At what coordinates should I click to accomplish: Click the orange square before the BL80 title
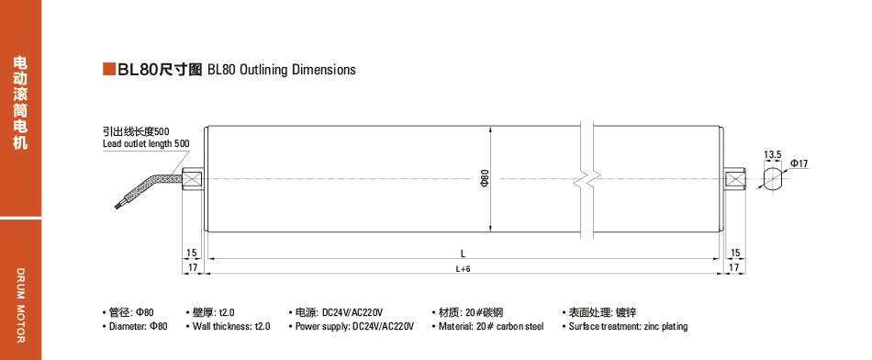coord(109,69)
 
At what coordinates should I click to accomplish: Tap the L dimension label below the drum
coord(464,253)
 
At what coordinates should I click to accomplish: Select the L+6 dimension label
coord(464,269)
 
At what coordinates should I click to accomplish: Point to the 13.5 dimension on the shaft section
coord(773,154)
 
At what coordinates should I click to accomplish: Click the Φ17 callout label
coord(799,163)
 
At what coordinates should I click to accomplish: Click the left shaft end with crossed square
coord(192,179)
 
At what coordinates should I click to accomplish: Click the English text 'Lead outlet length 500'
coord(146,143)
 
